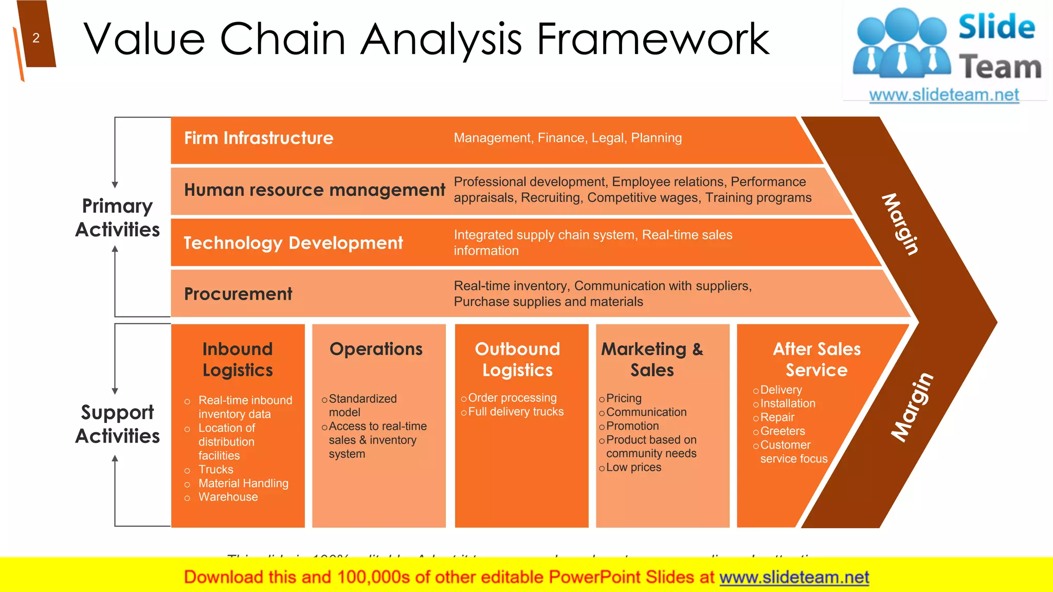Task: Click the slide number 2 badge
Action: pos(36,38)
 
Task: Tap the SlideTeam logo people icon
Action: pos(902,44)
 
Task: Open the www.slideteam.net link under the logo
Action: pos(944,95)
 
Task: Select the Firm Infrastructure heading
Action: pos(259,138)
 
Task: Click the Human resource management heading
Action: pos(314,190)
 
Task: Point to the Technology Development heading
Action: pos(293,243)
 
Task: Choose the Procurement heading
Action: pos(238,294)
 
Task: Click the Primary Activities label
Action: pos(118,217)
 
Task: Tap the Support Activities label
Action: pos(118,424)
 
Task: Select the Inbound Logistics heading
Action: pos(238,359)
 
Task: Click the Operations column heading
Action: pos(376,349)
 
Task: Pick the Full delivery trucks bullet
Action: pos(516,412)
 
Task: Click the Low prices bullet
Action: pos(633,468)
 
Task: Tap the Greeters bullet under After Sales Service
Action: pos(782,431)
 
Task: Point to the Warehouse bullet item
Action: pos(228,497)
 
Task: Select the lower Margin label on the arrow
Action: pos(912,407)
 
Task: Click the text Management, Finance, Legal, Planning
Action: pos(568,138)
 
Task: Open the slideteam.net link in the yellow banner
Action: pos(794,578)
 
